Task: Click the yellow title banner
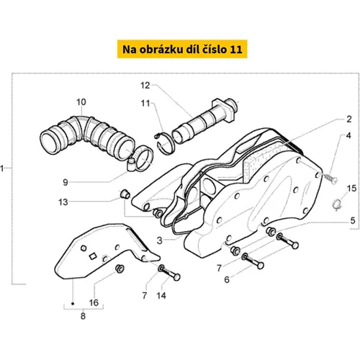[x=182, y=49]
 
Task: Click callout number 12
[x=145, y=86]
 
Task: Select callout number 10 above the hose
[x=81, y=102]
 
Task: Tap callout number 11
[x=145, y=104]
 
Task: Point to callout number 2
[x=349, y=120]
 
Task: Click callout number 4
[x=348, y=135]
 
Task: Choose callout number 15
[x=351, y=189]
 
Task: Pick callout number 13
[x=63, y=202]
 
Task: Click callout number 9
[x=66, y=182]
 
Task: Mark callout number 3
[x=160, y=240]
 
